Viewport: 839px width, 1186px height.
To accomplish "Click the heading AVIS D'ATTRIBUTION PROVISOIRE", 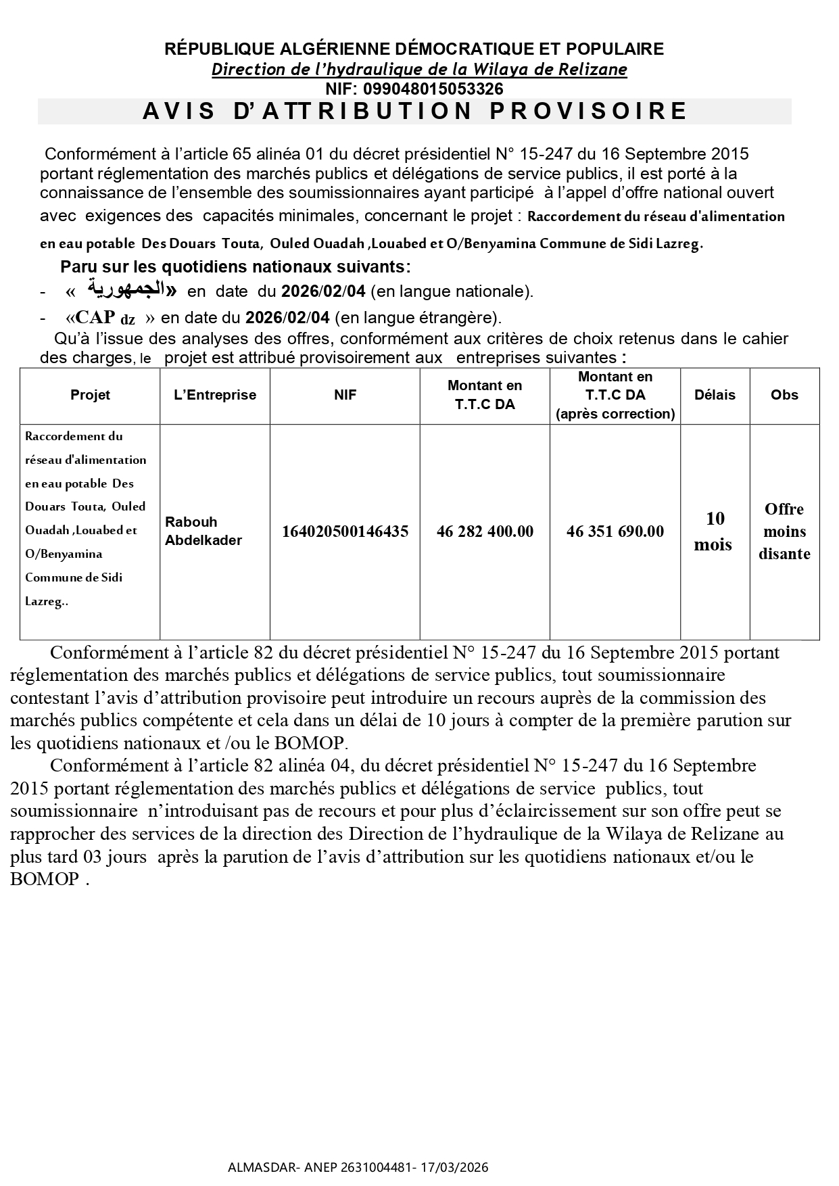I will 414,111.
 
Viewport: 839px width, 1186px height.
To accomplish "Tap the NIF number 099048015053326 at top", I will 433,89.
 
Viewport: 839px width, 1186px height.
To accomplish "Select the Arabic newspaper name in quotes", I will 126,291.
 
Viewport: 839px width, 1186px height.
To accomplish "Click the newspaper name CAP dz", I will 105,318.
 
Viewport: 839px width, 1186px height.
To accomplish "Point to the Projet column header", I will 90,396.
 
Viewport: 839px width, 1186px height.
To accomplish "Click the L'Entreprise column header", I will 215,396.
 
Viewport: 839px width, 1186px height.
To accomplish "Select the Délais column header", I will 715,396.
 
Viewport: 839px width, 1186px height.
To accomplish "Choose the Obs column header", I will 784,396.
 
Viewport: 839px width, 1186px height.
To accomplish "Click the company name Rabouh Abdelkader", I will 203,531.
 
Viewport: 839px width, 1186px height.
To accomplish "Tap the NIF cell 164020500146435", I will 345,531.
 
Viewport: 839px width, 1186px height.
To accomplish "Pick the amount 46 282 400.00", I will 485,531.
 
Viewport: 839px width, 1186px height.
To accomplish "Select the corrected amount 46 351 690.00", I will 615,531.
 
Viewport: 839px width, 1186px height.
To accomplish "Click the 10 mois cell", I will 715,531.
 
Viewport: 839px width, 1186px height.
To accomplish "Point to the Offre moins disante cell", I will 784,531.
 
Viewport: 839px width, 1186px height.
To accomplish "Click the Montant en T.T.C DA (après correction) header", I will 615,396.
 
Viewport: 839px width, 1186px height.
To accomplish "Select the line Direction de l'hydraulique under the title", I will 419,69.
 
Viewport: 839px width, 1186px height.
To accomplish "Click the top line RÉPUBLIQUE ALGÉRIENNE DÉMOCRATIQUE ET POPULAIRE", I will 414,49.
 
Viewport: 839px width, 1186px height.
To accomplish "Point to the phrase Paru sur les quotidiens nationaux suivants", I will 235,266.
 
